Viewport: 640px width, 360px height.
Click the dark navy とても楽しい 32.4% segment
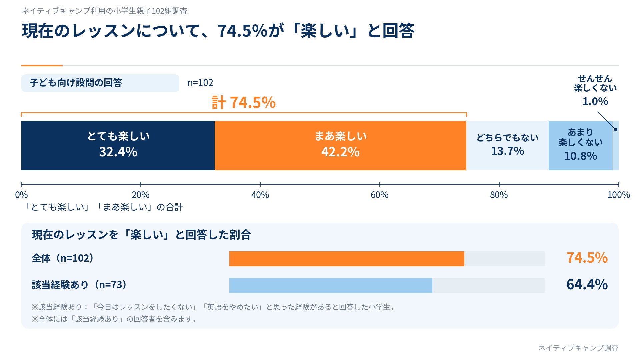118,146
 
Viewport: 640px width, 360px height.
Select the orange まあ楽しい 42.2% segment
340,146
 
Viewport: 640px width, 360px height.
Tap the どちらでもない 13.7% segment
507,146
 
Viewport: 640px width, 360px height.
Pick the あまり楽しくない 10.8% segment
581,146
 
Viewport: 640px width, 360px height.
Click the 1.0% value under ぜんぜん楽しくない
595,101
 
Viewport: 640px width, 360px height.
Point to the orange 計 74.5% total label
244,102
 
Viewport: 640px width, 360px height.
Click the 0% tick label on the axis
21,195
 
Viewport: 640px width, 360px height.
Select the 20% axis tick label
141,195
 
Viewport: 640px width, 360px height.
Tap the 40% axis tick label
260,195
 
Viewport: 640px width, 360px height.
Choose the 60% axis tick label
379,195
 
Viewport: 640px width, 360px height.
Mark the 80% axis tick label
499,195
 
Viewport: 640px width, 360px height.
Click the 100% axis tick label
619,195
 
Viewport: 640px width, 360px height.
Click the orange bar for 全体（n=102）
347,259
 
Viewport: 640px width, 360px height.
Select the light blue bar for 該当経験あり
331,285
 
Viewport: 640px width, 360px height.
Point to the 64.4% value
587,285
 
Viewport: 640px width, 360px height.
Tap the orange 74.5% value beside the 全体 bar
587,258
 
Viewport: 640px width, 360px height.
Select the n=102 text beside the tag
200,83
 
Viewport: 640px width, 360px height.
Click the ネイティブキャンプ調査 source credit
579,348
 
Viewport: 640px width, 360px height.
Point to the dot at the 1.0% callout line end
616,130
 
